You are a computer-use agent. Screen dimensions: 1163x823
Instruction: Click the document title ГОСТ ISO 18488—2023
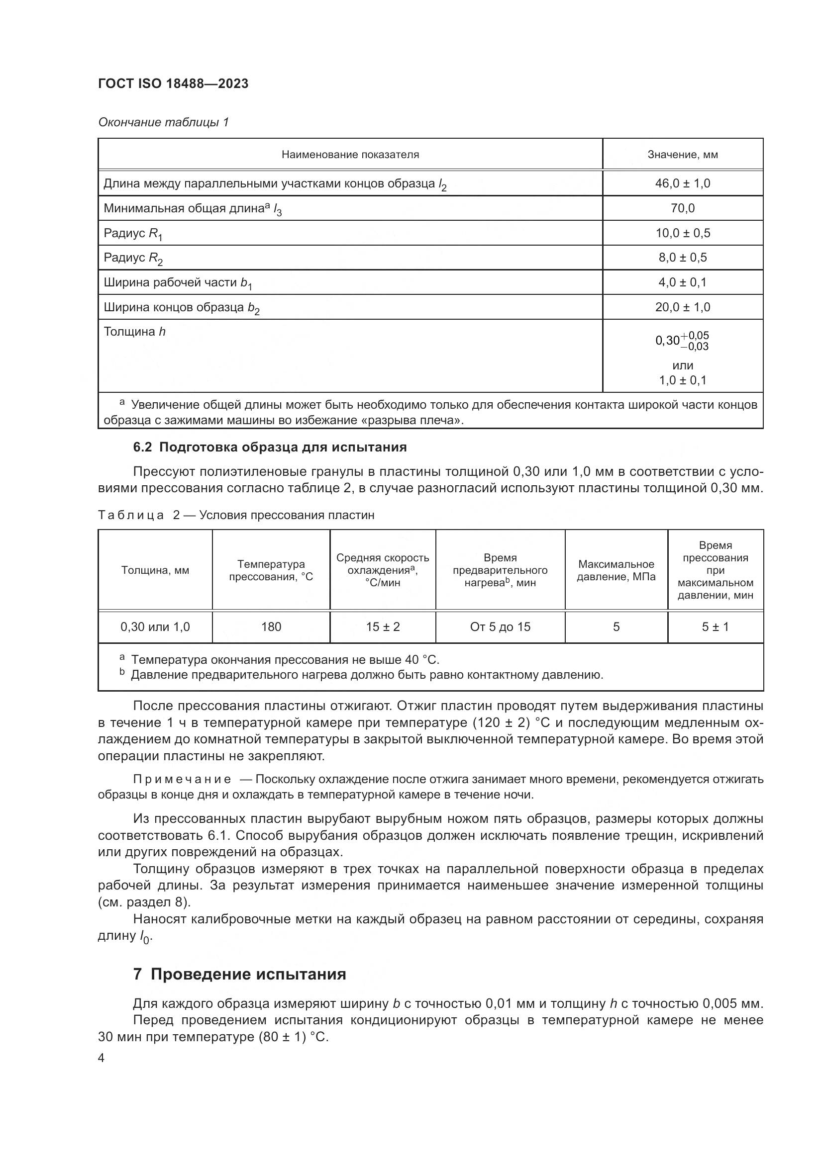point(173,84)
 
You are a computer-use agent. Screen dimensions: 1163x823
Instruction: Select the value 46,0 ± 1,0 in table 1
point(682,183)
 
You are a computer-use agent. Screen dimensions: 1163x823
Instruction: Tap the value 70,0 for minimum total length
point(682,208)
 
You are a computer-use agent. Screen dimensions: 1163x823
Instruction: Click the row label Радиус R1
point(133,234)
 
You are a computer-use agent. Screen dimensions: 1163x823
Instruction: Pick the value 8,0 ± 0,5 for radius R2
point(682,258)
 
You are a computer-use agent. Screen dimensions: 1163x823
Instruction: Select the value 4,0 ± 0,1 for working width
point(682,282)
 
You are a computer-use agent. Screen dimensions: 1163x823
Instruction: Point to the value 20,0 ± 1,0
point(682,307)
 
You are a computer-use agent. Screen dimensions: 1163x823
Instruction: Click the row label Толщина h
point(134,332)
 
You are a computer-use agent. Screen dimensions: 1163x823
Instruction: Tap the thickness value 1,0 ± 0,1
point(682,380)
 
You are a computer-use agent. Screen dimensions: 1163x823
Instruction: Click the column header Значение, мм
point(682,155)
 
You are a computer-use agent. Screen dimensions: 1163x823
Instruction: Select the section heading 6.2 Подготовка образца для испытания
point(270,447)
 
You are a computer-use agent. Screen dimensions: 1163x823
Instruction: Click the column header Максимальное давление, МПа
point(616,570)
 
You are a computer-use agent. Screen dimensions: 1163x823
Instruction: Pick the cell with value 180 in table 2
point(271,627)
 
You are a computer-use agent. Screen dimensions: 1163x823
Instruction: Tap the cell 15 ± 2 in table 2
point(383,627)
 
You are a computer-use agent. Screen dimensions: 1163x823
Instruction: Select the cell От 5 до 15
point(500,627)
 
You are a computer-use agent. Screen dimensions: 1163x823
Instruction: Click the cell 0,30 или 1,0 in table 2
point(155,627)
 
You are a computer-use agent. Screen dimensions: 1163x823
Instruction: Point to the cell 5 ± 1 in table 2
point(715,627)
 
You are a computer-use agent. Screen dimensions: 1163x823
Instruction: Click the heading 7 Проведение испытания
point(240,974)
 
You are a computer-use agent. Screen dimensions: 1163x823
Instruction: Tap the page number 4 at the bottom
point(102,1058)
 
